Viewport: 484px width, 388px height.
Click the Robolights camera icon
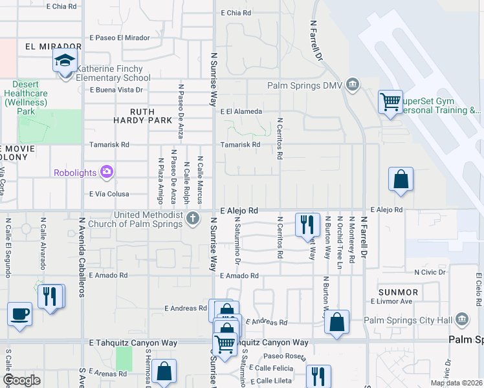[107, 172]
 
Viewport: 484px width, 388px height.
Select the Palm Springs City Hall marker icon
[462, 319]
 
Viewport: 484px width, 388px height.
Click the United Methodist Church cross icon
[193, 219]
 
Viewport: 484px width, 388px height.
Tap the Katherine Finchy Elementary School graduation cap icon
[65, 61]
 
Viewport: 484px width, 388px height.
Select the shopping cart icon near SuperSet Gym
[391, 102]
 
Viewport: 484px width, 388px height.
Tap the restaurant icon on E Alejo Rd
[307, 224]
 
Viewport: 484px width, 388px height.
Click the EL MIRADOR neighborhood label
[53, 47]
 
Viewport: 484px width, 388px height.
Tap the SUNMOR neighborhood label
[399, 292]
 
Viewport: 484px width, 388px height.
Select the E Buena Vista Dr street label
[116, 90]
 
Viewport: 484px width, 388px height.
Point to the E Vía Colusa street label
[109, 194]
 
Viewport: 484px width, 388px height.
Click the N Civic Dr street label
[430, 272]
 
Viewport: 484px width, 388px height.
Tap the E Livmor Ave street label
[391, 301]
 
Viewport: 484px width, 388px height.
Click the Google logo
[22, 380]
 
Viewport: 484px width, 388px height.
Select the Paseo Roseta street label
[285, 356]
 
